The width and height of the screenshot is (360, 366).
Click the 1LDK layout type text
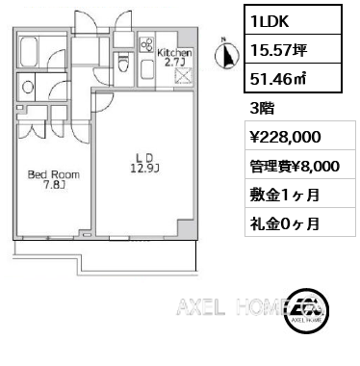270,20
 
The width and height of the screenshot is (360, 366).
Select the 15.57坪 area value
279,49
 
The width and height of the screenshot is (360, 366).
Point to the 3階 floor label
262,108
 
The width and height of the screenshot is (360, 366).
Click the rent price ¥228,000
286,136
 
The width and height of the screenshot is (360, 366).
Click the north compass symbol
226,55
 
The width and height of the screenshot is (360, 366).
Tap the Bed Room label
54,174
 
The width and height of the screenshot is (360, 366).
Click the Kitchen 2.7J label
174,57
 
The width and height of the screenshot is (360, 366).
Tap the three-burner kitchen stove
147,44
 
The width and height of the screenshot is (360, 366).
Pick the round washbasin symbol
27,87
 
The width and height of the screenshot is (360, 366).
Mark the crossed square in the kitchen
183,76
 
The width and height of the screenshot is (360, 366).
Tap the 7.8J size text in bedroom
55,185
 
